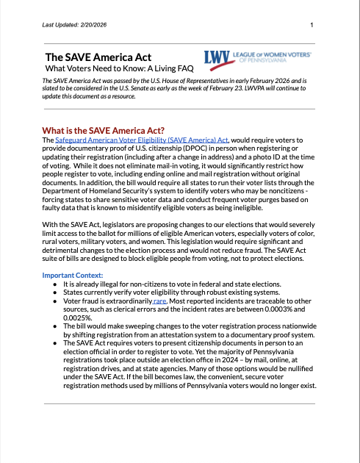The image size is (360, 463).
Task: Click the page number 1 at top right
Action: coord(312,26)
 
